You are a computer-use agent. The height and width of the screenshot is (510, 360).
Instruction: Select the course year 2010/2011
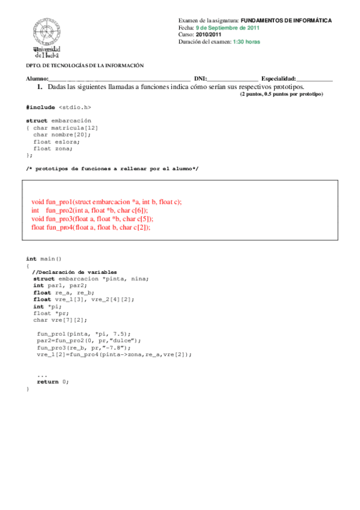(x=211, y=35)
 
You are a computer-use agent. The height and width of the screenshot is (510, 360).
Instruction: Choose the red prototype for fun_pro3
(x=92, y=220)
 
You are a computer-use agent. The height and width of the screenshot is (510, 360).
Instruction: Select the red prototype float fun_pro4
(x=91, y=228)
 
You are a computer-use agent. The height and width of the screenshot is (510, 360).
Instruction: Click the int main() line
(x=44, y=259)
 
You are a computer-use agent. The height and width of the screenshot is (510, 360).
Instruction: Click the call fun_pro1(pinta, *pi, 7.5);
(x=83, y=333)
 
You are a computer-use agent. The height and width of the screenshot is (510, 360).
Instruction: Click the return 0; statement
(x=53, y=382)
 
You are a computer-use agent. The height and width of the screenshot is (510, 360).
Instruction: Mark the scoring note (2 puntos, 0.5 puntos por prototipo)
(x=281, y=94)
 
